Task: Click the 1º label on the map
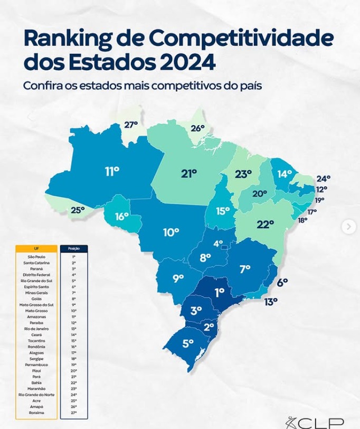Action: point(219,292)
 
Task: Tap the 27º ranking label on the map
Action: point(131,125)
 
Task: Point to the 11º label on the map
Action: point(112,172)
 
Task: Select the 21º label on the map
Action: point(189,173)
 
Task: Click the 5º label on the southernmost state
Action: point(188,343)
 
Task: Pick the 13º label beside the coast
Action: point(271,302)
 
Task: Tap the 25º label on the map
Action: point(78,210)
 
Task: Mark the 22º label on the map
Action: point(265,224)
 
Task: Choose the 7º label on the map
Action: point(245,269)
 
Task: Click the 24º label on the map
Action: point(323,179)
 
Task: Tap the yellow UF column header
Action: point(36,248)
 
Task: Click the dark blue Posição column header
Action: point(74,248)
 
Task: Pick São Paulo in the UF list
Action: point(36,257)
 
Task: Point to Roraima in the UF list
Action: point(36,413)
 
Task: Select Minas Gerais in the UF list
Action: point(36,292)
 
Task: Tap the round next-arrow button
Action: point(348,227)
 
